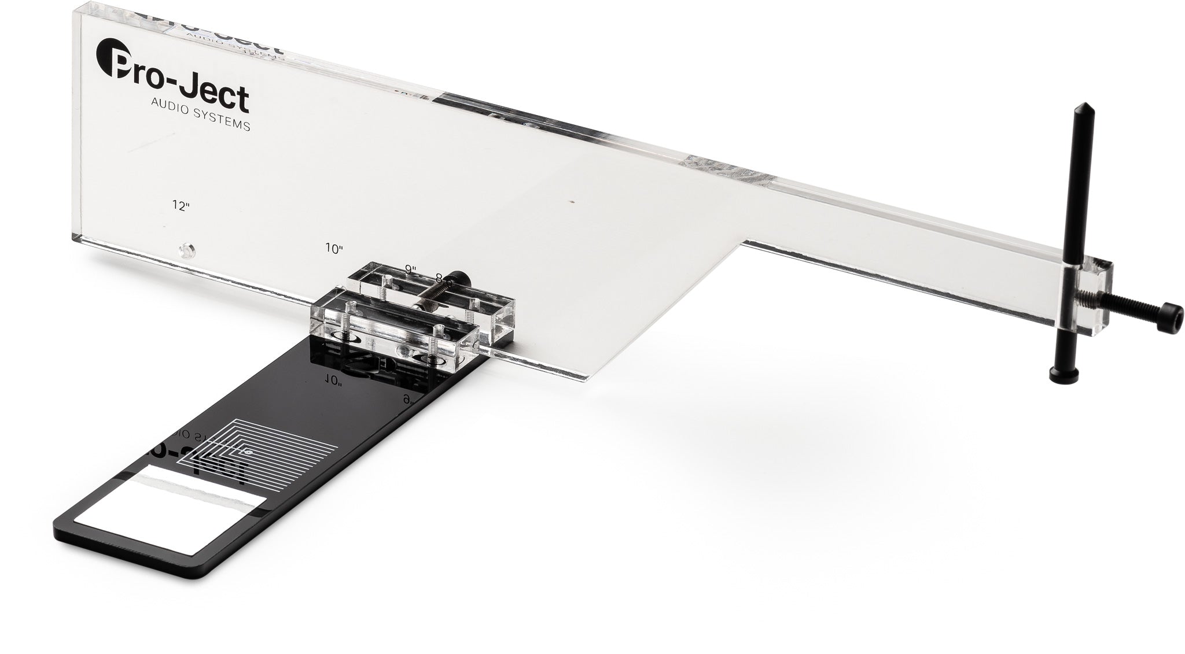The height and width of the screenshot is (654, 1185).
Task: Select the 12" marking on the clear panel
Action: coord(181,205)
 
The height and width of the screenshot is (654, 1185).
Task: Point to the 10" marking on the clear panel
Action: coord(334,249)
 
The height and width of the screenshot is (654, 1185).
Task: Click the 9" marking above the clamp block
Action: coord(411,269)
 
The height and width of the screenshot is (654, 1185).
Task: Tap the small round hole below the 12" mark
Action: coord(186,251)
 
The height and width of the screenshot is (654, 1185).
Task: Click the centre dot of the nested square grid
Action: coord(248,452)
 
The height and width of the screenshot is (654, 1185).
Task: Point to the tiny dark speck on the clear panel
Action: coord(572,202)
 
